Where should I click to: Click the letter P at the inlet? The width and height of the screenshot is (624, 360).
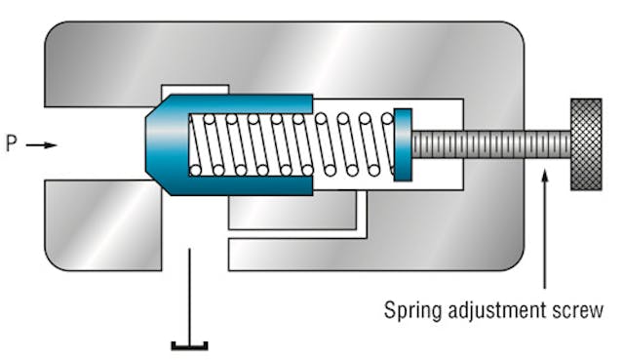12,144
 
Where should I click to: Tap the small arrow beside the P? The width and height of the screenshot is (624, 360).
41,145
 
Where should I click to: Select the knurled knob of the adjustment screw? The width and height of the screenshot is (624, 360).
586,144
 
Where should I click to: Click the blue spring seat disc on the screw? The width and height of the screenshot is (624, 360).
403,144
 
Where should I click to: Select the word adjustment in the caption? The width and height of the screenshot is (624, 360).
497,312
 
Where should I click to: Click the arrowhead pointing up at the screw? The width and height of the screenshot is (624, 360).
544,174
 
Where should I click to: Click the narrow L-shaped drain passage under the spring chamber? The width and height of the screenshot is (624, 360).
362,220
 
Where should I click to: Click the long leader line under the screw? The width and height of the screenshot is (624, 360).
544,234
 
